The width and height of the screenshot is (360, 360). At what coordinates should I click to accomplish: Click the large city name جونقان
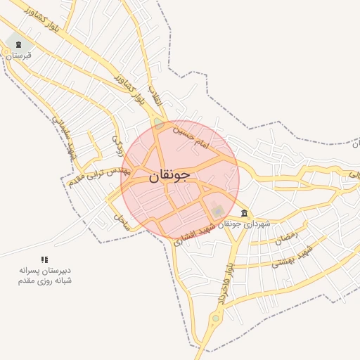[169, 176]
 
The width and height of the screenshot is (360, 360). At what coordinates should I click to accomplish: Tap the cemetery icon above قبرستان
[18, 46]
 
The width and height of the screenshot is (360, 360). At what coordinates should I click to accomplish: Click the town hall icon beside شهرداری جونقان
[244, 213]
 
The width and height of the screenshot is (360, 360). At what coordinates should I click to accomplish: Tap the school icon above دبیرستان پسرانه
[45, 259]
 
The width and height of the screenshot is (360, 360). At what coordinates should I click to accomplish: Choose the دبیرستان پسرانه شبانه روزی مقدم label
[45, 275]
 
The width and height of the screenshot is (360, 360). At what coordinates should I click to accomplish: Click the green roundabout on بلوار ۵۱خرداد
[215, 318]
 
